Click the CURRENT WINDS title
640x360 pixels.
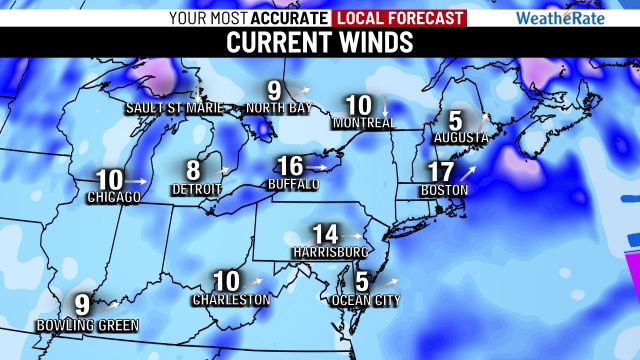(x=320, y=43)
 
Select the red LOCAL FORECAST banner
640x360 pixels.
(x=400, y=17)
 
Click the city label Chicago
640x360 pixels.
(x=112, y=197)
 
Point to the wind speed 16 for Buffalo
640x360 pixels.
(x=289, y=166)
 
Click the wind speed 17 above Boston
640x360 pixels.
(x=440, y=171)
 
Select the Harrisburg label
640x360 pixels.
(x=326, y=251)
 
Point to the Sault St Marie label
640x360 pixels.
(x=166, y=107)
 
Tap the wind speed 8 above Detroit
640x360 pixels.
(x=194, y=171)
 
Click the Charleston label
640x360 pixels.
(x=232, y=299)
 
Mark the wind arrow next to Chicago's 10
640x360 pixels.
(x=140, y=180)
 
